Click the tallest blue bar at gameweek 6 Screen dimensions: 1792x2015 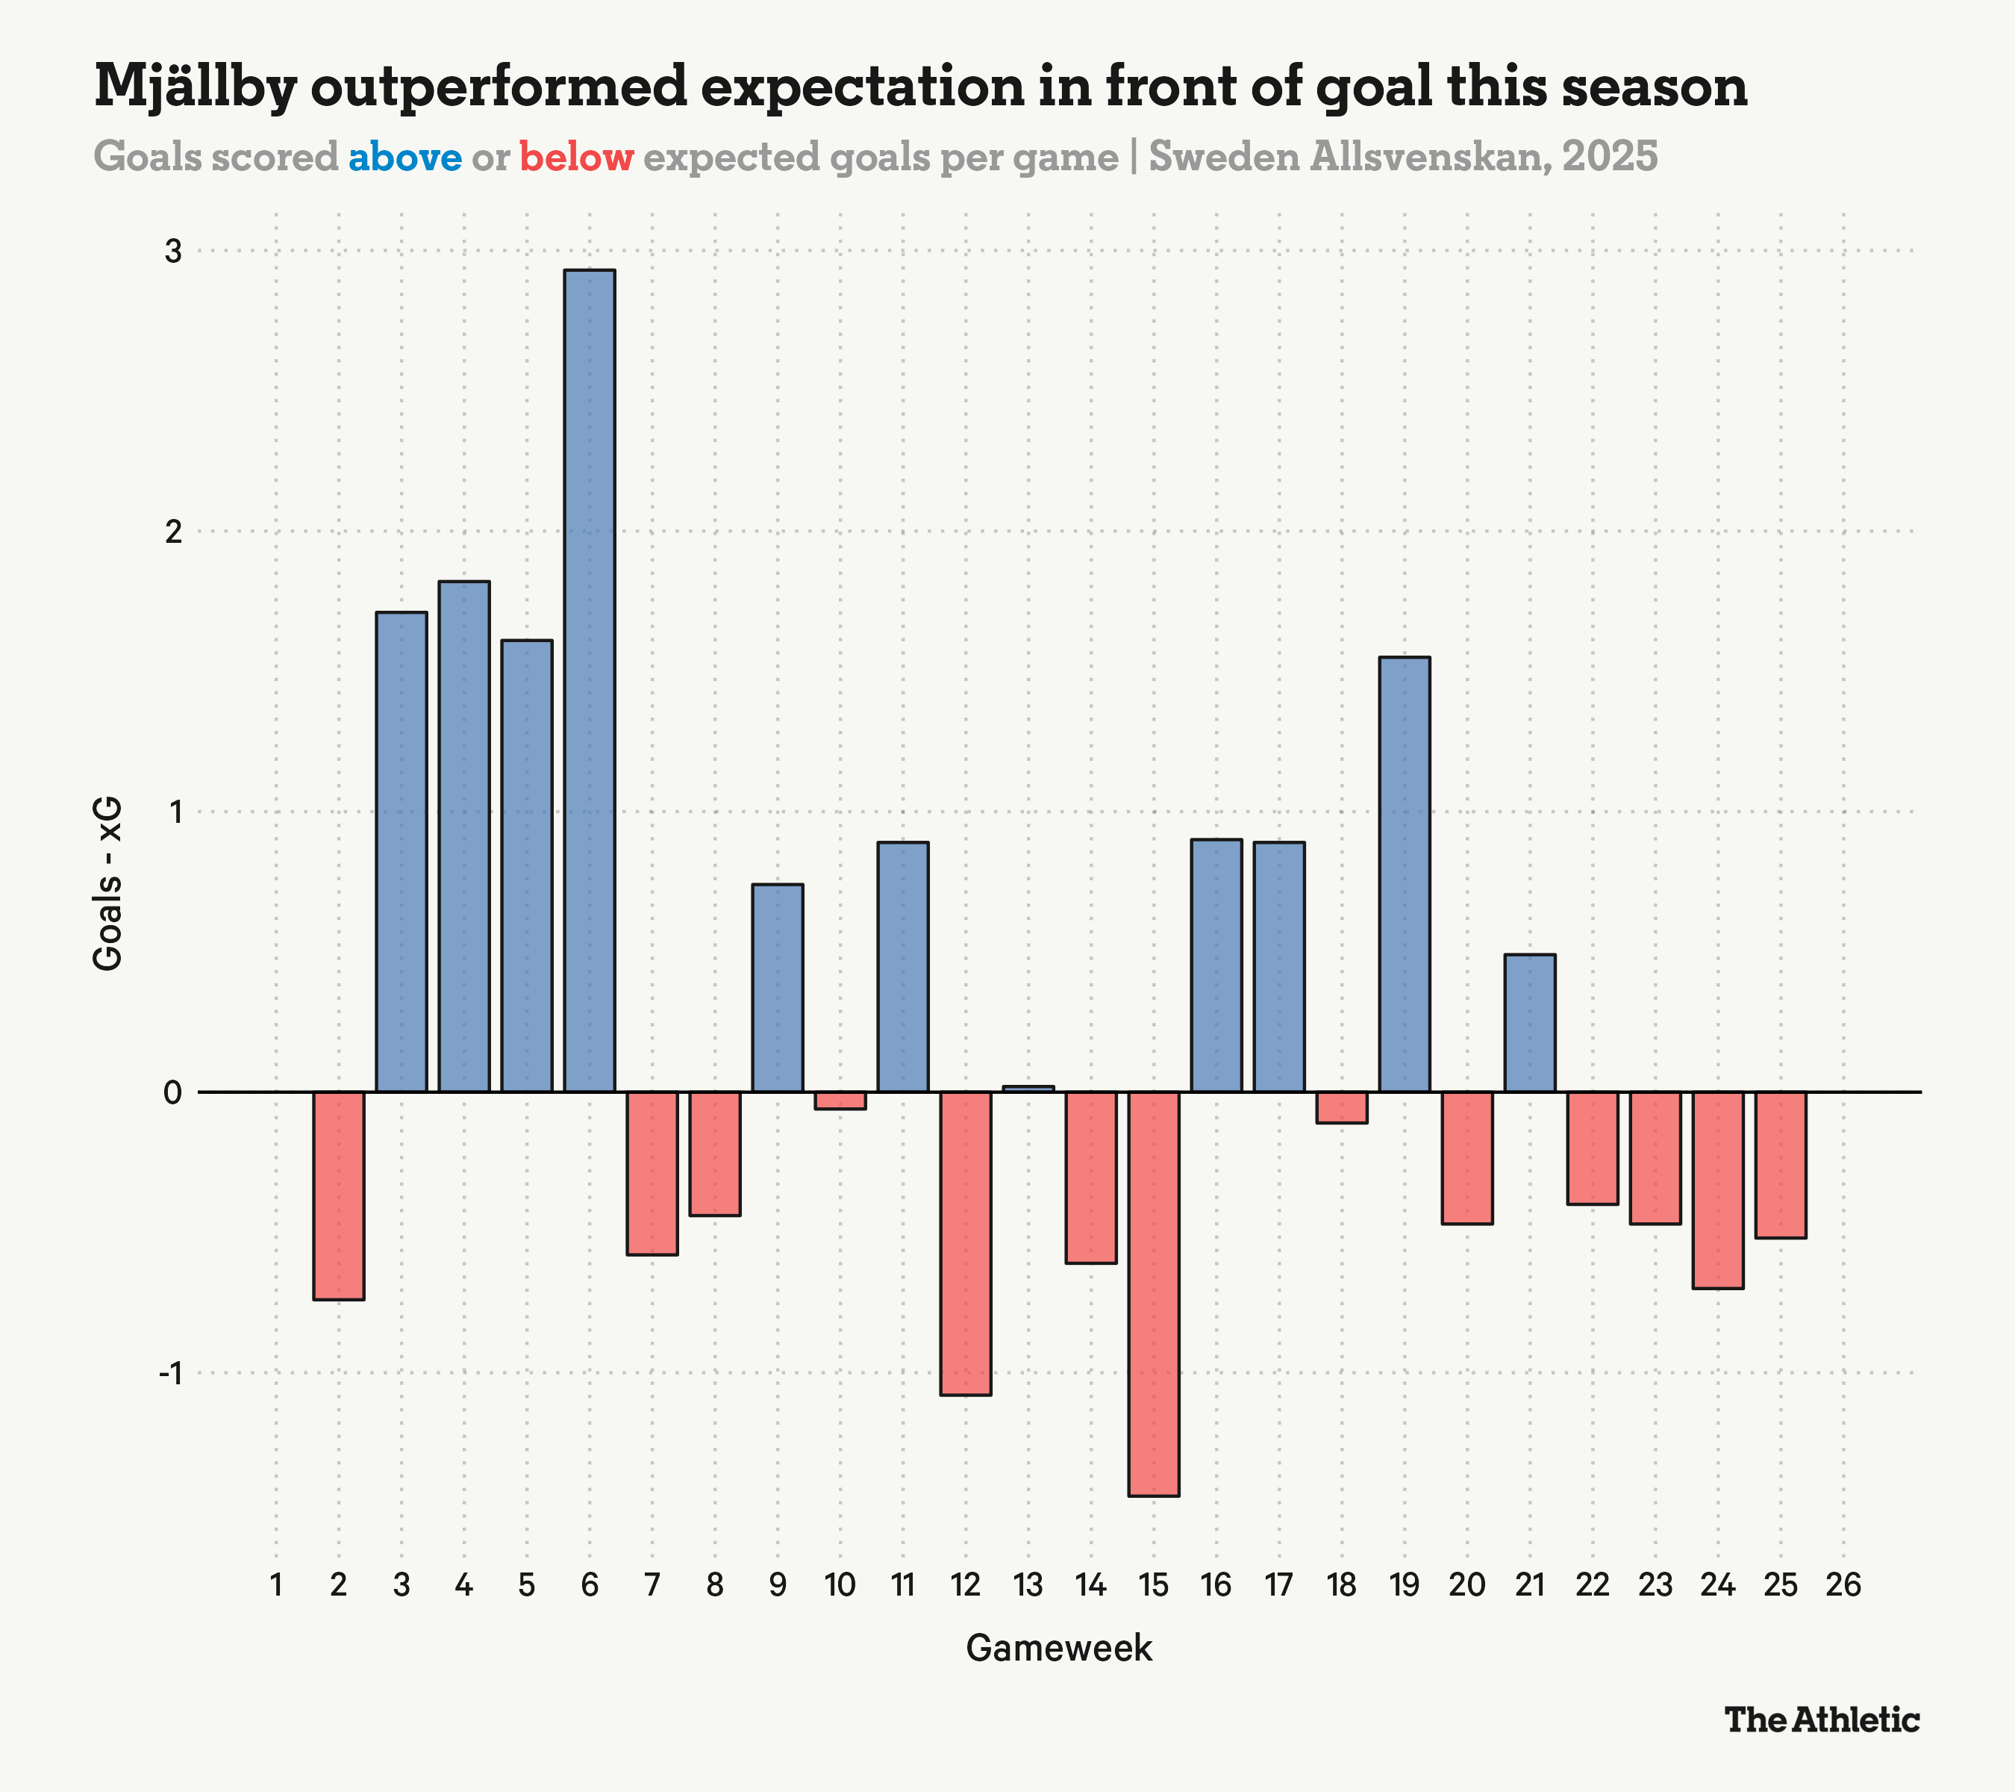tap(590, 680)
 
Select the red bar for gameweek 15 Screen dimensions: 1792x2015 tap(1153, 1293)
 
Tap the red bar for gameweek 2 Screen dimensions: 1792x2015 tap(339, 1195)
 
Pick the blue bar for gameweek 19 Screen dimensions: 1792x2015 tap(1404, 874)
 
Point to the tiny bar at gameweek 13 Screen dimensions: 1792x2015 tap(1028, 1089)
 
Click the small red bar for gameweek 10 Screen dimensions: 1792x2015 tap(840, 1101)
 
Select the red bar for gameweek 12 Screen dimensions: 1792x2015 tap(965, 1242)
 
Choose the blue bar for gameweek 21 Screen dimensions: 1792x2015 tap(1529, 1023)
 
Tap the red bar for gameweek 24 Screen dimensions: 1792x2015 tap(1717, 1189)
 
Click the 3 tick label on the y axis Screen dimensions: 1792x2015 tap(173, 252)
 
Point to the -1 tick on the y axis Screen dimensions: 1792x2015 tap(172, 1373)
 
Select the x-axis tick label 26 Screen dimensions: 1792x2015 tap(1843, 1585)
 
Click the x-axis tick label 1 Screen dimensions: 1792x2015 tap(276, 1585)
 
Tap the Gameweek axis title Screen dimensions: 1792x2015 tap(1059, 1648)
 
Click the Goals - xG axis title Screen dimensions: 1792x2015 tap(108, 883)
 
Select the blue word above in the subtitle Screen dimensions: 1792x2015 tap(404, 158)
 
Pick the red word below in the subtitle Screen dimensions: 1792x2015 tap(577, 158)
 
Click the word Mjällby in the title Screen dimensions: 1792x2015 tap(196, 87)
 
